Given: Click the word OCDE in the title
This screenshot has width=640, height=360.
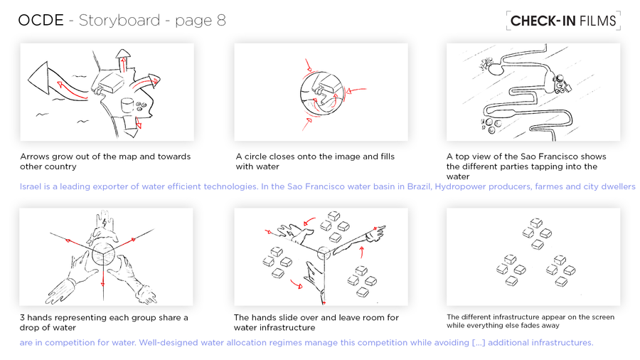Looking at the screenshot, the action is tap(41, 21).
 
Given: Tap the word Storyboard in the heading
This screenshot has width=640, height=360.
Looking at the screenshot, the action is tap(119, 21).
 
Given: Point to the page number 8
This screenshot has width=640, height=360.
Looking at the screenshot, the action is tap(221, 21).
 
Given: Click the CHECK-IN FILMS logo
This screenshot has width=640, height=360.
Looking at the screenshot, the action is tap(563, 21).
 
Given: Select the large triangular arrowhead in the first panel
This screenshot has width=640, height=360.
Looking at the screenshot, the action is tap(38, 78).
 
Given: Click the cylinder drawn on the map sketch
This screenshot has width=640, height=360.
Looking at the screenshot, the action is tap(127, 105).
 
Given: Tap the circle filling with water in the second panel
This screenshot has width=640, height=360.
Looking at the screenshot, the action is tap(321, 94).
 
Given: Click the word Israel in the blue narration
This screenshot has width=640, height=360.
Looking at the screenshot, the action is tap(30, 186).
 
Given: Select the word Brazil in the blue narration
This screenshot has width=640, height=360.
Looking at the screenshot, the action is tap(419, 186).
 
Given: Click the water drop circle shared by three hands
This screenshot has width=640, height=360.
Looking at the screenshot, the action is tap(103, 253).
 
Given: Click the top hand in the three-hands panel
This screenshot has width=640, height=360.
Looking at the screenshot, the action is tap(103, 228).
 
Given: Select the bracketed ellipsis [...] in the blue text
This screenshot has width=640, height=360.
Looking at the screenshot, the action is tap(479, 343).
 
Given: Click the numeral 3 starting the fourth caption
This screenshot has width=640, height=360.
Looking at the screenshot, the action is tap(22, 317).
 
